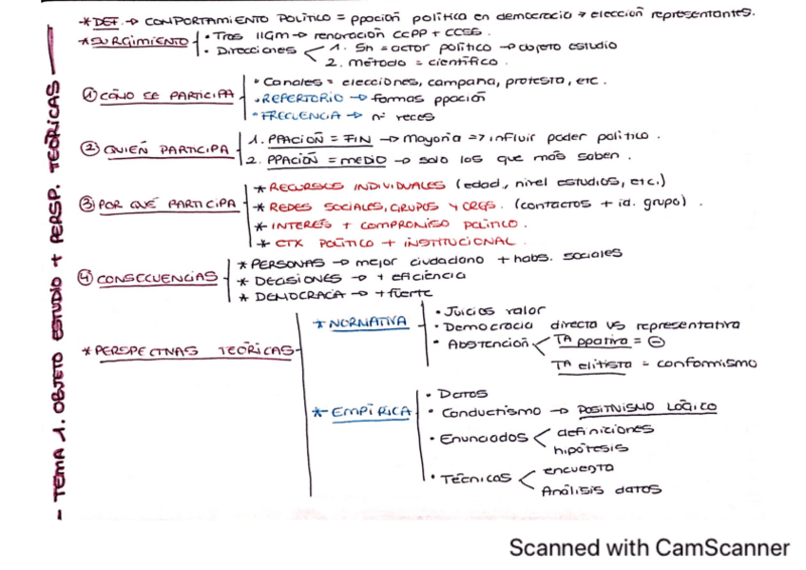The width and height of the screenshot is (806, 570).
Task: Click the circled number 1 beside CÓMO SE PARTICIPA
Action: pyautogui.click(x=86, y=96)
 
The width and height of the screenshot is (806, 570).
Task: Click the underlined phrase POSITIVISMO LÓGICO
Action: pyautogui.click(x=646, y=407)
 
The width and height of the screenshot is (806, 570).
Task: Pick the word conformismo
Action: pyautogui.click(x=707, y=363)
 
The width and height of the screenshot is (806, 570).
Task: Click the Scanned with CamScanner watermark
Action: pyautogui.click(x=648, y=547)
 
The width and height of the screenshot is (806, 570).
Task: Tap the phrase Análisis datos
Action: pyautogui.click(x=600, y=491)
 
